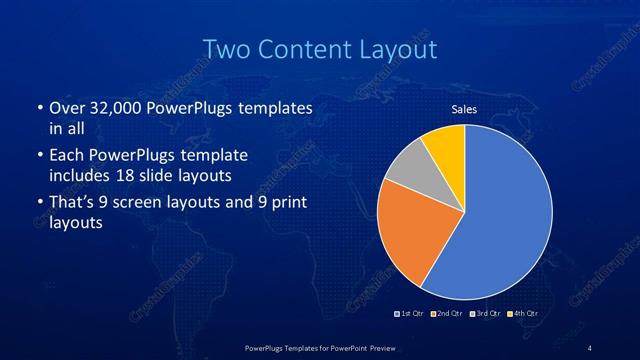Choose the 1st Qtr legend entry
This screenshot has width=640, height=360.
click(x=409, y=314)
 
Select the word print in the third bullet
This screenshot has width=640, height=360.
click(x=286, y=203)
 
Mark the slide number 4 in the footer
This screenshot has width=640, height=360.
click(x=590, y=348)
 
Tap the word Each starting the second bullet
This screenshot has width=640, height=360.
click(x=66, y=156)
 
